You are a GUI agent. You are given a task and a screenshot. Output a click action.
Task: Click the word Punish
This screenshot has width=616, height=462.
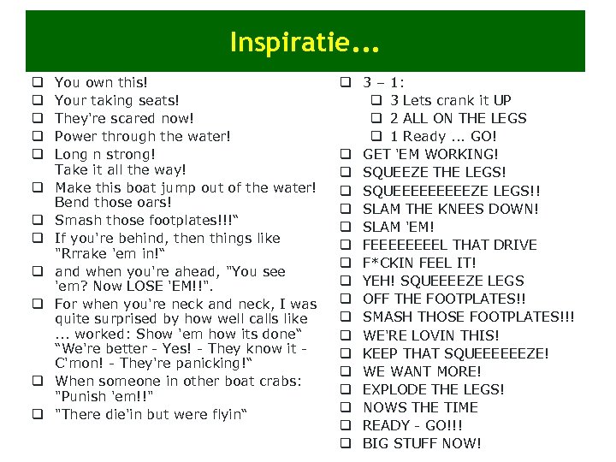pyautogui.click(x=81, y=396)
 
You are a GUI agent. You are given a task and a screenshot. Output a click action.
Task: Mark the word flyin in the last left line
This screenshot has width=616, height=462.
pyautogui.click(x=223, y=415)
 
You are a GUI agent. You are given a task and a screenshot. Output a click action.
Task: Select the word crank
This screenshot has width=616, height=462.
pyautogui.click(x=453, y=100)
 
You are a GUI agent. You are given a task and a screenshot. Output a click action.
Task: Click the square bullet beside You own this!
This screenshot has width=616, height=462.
pyautogui.click(x=38, y=83)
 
